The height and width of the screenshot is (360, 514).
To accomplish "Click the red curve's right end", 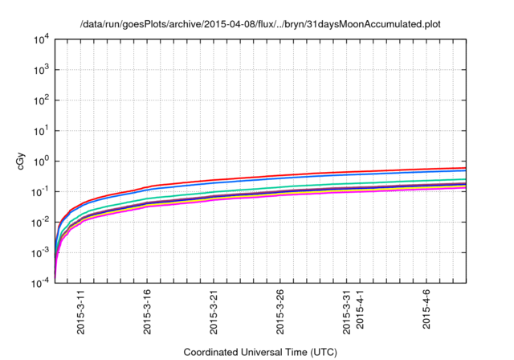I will [466, 168].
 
